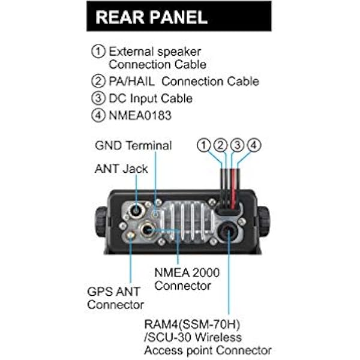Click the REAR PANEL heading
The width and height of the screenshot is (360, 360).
pyautogui.click(x=152, y=17)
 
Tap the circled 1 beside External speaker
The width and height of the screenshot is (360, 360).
pyautogui.click(x=98, y=52)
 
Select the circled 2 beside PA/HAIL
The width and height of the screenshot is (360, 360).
pyautogui.click(x=98, y=81)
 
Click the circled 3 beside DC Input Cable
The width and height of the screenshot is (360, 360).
pyautogui.click(x=98, y=98)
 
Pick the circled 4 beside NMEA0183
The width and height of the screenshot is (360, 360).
pyautogui.click(x=98, y=115)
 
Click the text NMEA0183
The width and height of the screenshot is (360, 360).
pyautogui.click(x=140, y=115)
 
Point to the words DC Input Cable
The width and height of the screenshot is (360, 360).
pyautogui.click(x=151, y=98)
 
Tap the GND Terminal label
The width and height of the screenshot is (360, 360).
pyautogui.click(x=133, y=145)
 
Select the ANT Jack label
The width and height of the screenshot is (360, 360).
pyautogui.click(x=121, y=169)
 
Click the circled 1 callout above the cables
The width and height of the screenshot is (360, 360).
pyautogui.click(x=203, y=145)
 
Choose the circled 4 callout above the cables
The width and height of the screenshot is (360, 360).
pyautogui.click(x=254, y=145)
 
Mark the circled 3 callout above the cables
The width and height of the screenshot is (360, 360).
pyautogui.click(x=237, y=145)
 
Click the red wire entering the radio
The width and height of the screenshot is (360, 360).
pyautogui.click(x=233, y=189)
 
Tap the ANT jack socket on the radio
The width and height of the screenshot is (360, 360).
pyautogui.click(x=136, y=210)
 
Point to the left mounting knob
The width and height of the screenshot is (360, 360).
pyautogui.click(x=100, y=221)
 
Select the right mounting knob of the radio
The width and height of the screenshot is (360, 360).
pyautogui.click(x=264, y=221)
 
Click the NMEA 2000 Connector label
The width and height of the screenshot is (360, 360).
pyautogui.click(x=187, y=279)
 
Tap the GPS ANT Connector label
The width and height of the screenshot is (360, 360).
pyautogui.click(x=115, y=298)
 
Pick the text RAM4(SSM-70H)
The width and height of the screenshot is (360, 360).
pyautogui.click(x=192, y=324)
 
